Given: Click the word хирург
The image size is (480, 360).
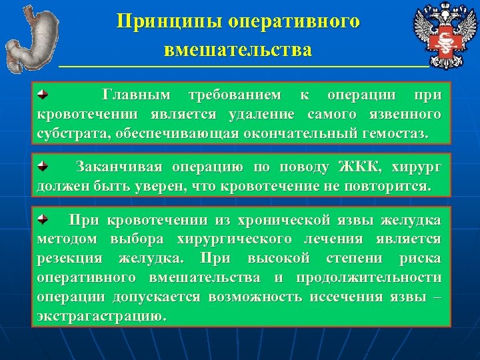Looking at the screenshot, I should [x=416, y=166].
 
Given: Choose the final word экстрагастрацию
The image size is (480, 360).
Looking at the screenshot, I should [x=100, y=315].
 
